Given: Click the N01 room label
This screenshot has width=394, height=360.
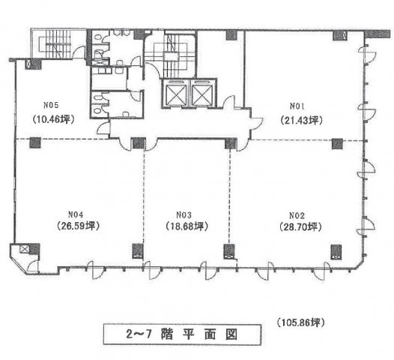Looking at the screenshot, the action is (297, 106).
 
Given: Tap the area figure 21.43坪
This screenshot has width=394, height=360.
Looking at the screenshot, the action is (301, 121).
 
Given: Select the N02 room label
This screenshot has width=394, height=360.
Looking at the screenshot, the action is (297, 215).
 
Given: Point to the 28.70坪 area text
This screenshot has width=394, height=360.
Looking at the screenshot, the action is (300, 227).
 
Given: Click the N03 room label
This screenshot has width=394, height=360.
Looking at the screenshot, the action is (184, 215).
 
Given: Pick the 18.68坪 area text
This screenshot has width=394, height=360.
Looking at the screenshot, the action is (187, 226).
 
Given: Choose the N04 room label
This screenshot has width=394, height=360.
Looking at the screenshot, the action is (76, 214).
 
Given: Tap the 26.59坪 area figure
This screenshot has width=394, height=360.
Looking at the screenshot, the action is (79, 226).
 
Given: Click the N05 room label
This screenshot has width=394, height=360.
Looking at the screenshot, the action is (51, 105).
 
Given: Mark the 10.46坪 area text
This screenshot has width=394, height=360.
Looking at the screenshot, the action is (53, 119).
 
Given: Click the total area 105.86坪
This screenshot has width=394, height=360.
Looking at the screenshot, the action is (301, 322).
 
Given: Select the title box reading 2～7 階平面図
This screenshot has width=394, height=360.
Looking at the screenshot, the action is (182, 334).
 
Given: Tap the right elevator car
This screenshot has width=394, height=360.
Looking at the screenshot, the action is (202, 94).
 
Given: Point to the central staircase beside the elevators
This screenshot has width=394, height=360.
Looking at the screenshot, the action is (171, 53).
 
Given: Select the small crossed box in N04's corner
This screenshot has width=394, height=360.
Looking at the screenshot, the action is (25, 249).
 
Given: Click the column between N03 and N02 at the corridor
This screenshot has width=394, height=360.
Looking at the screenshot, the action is (231, 144).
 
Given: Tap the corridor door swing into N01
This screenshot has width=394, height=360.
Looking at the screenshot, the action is (257, 122).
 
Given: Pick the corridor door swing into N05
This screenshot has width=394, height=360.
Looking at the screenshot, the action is (103, 128).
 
